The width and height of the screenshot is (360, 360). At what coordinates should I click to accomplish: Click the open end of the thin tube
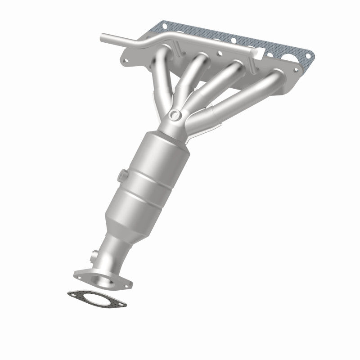102,36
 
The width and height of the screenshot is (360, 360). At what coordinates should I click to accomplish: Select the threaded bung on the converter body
122,173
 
